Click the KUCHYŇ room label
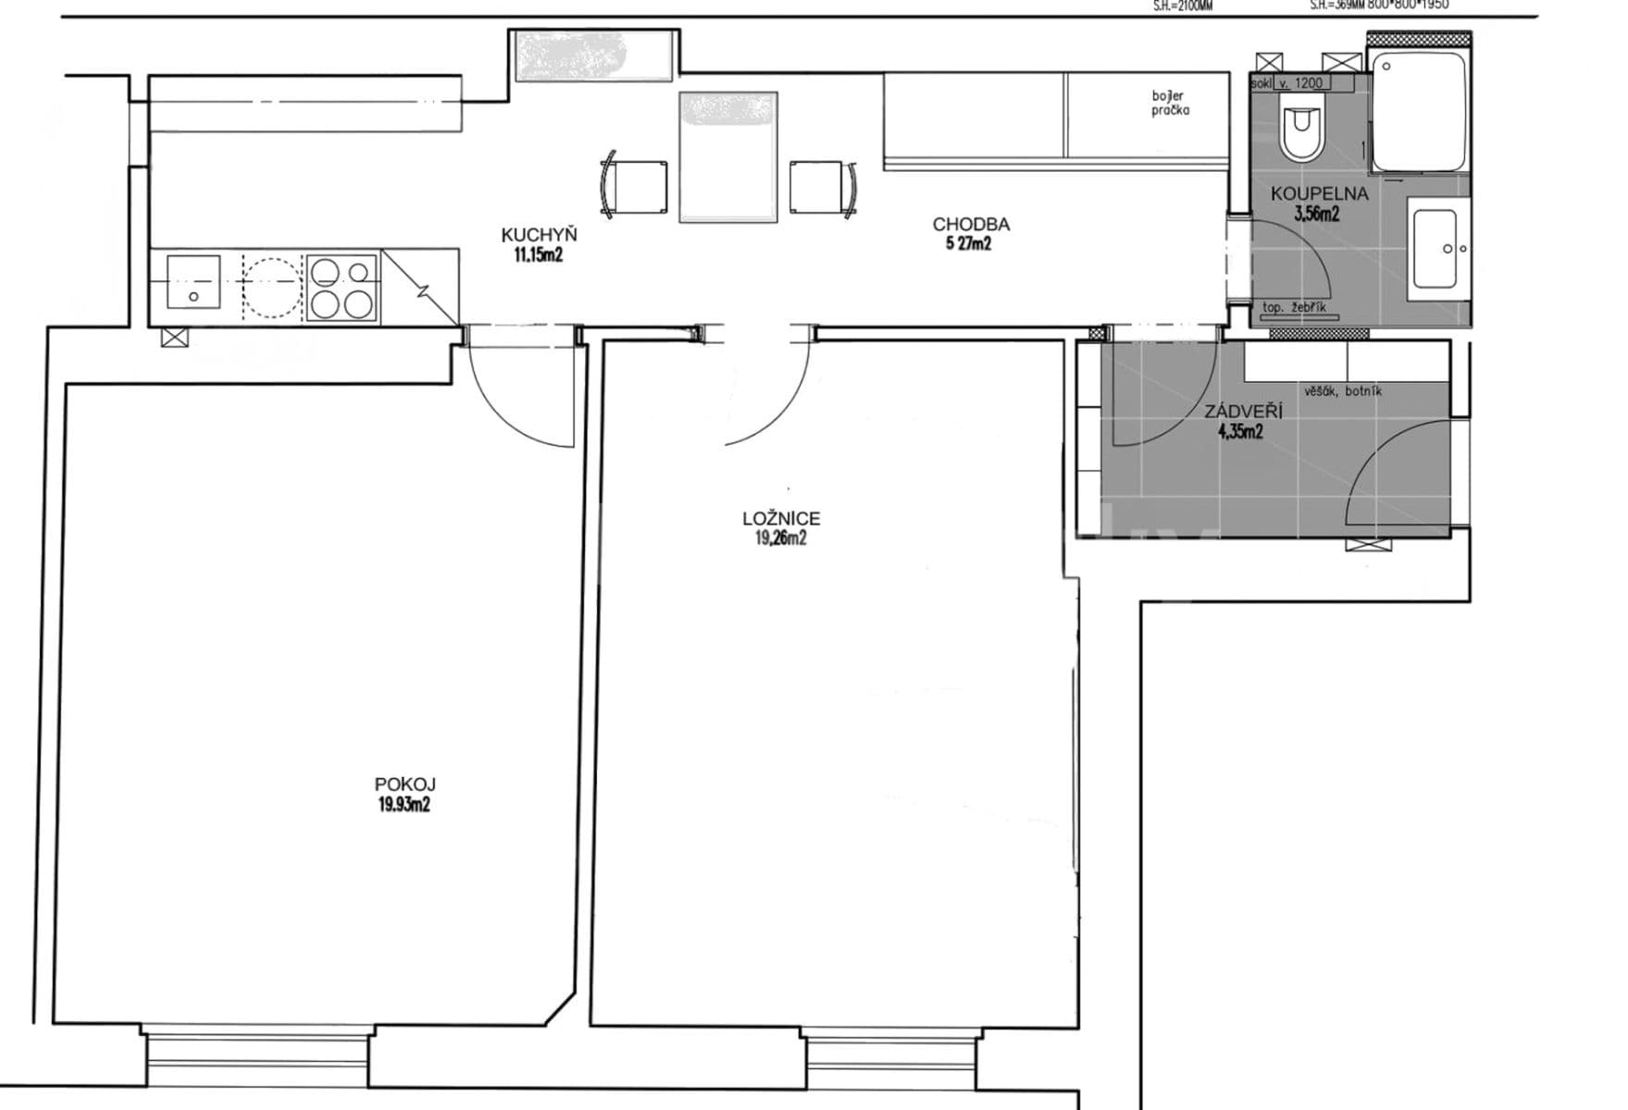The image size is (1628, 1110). (539, 235)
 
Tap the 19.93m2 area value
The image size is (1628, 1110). (404, 805)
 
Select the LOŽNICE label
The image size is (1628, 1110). (781, 519)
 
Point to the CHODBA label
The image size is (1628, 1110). (970, 224)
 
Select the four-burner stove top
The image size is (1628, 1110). (342, 287)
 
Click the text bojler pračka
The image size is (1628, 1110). (1170, 103)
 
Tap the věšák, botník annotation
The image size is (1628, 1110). (1343, 391)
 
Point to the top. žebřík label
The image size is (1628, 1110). (1294, 307)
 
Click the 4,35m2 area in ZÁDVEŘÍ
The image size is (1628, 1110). (1240, 430)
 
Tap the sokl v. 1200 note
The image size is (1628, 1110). (1291, 83)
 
